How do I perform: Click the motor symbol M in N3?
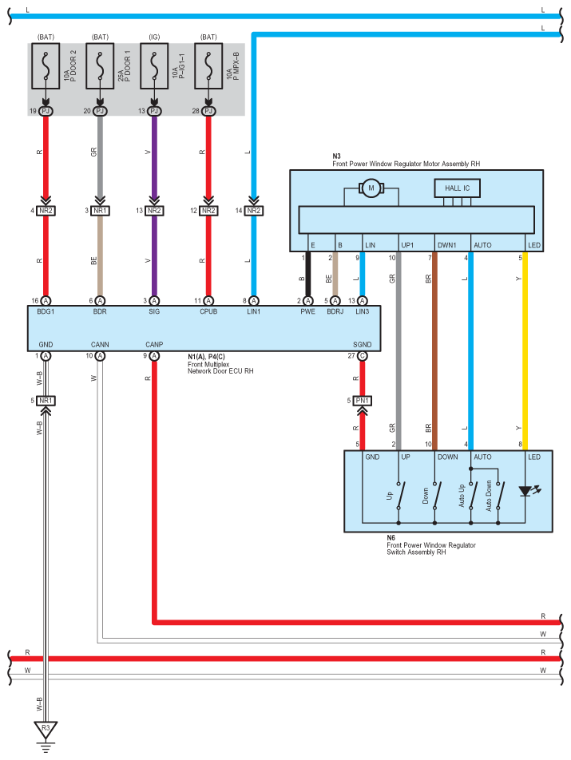[371, 188]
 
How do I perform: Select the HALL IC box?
[458, 188]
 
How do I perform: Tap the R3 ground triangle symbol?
[46, 728]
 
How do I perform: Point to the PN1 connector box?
[363, 400]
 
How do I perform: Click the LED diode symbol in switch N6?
[525, 492]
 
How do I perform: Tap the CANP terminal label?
[154, 345]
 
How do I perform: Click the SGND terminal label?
[362, 345]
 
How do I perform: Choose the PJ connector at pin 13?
[154, 111]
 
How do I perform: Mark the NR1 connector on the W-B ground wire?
[46, 400]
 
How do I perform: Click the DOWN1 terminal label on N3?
[447, 244]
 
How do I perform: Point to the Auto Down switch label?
[488, 493]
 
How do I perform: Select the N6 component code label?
[391, 538]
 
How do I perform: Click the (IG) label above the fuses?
[154, 37]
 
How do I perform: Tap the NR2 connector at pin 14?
[254, 211]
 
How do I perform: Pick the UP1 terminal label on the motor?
[407, 244]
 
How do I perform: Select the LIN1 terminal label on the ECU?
[254, 312]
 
